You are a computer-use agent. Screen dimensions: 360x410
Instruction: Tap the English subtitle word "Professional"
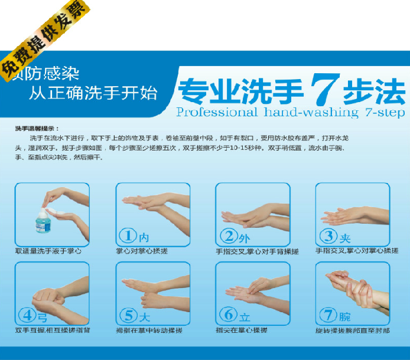click(216, 112)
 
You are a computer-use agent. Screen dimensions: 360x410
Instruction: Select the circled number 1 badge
click(128, 237)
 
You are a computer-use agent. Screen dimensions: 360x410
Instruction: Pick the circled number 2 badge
click(228, 237)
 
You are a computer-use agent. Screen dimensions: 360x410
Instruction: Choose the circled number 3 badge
click(328, 237)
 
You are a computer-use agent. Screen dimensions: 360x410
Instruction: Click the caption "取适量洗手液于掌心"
click(48, 251)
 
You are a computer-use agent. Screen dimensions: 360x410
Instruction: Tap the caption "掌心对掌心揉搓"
click(142, 251)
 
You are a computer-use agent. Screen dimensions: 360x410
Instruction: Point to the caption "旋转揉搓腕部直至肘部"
click(353, 330)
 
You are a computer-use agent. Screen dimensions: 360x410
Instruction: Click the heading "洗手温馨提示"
click(37, 128)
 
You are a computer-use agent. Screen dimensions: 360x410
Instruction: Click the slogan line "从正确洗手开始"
click(95, 92)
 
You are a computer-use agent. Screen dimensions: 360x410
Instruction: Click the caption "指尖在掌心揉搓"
click(242, 330)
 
